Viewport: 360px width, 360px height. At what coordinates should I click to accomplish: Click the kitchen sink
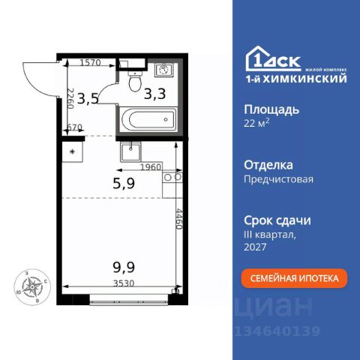tap(133, 150)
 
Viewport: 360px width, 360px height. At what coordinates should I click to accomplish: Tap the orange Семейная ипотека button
tap(293, 278)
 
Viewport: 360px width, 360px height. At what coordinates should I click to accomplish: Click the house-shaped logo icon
tap(259, 58)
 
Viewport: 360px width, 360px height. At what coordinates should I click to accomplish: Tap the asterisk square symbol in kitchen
tap(72, 151)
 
